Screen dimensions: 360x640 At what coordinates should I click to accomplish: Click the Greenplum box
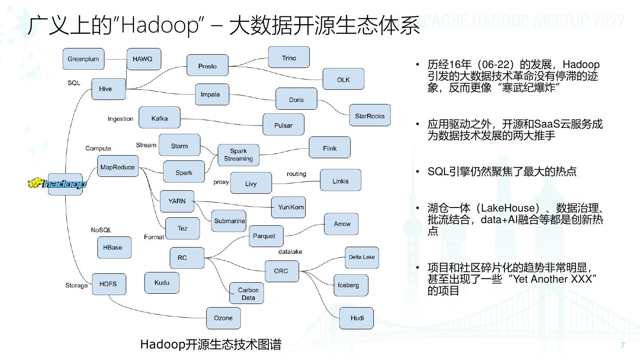coord(83,59)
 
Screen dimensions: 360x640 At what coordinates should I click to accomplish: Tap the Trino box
coord(288,58)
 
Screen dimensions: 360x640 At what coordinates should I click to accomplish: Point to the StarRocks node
coord(369,116)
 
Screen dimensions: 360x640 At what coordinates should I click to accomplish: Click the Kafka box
coord(159,118)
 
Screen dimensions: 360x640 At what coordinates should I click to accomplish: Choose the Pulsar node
coord(283,125)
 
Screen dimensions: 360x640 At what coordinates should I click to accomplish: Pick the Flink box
coord(329,148)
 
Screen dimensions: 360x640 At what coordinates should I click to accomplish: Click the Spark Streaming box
coord(238,155)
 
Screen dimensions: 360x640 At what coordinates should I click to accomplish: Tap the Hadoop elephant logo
coord(57,184)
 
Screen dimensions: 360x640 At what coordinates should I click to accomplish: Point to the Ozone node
coord(223,318)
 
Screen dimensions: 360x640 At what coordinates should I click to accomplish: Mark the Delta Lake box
coord(361,257)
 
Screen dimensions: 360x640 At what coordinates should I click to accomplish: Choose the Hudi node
coord(357,318)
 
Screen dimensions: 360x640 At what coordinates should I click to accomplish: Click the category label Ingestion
coord(120,119)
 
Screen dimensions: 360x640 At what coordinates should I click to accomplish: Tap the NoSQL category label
coord(101,230)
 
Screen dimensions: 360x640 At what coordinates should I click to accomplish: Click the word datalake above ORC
coord(290,252)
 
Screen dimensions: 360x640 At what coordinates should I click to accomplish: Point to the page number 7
coord(622,345)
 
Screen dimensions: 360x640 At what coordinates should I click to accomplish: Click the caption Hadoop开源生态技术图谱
coord(211,344)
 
